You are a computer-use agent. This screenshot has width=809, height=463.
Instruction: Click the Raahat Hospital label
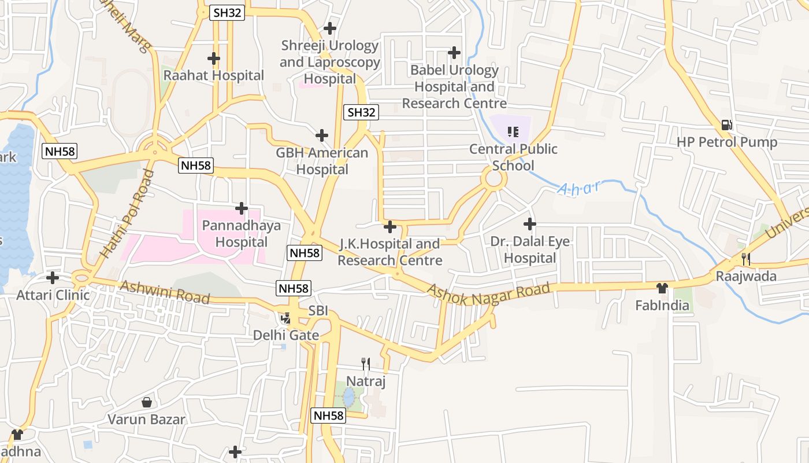(x=213, y=75)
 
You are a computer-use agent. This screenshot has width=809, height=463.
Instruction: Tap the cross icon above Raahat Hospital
(x=214, y=58)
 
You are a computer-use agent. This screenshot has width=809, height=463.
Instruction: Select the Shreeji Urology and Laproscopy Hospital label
(x=330, y=62)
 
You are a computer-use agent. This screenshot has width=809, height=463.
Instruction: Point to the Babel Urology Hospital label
(x=454, y=87)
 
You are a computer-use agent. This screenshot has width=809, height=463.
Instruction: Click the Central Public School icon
(x=513, y=133)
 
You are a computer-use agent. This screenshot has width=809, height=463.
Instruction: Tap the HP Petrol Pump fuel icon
(x=726, y=125)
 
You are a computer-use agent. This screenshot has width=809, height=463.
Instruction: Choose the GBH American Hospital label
(x=322, y=161)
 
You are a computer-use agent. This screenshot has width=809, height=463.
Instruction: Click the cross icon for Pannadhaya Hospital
(x=242, y=208)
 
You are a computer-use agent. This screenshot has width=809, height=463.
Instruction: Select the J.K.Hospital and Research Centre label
(x=389, y=252)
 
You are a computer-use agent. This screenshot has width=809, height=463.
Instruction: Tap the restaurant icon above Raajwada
(x=746, y=259)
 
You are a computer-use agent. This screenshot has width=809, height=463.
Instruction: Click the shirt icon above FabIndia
(x=662, y=288)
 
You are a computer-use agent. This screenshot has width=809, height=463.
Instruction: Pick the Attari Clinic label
(x=53, y=295)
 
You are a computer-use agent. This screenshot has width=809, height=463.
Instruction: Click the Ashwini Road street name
(x=165, y=292)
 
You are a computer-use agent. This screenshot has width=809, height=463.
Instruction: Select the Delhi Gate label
(x=285, y=335)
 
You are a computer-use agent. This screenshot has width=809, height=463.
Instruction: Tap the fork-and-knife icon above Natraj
(x=365, y=364)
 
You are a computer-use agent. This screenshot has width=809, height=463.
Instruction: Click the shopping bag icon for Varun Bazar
(x=147, y=402)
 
